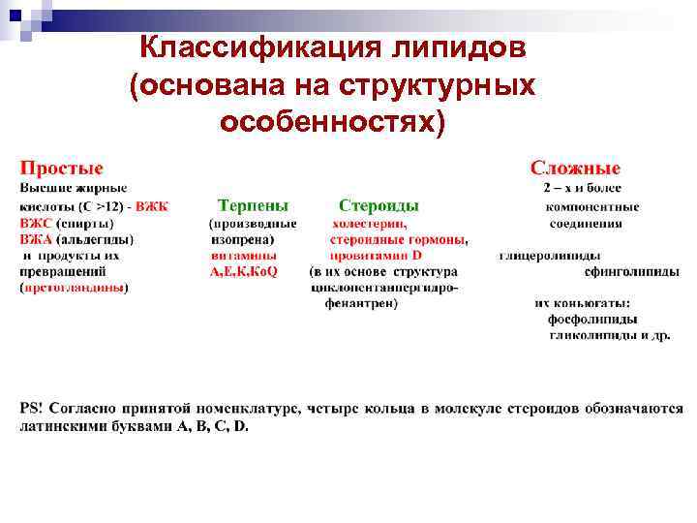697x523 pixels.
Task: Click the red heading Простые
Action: click(62, 169)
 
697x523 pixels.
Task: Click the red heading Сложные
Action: click(575, 169)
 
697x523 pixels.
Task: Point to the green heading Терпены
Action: click(253, 205)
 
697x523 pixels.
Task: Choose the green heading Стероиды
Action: click(379, 205)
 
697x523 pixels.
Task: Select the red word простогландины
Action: click(75, 288)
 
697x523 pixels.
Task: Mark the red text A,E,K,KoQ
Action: click(244, 272)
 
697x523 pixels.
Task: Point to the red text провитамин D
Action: click(375, 256)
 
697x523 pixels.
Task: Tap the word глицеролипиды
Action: click(543, 256)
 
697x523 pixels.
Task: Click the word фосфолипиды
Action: click(591, 319)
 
